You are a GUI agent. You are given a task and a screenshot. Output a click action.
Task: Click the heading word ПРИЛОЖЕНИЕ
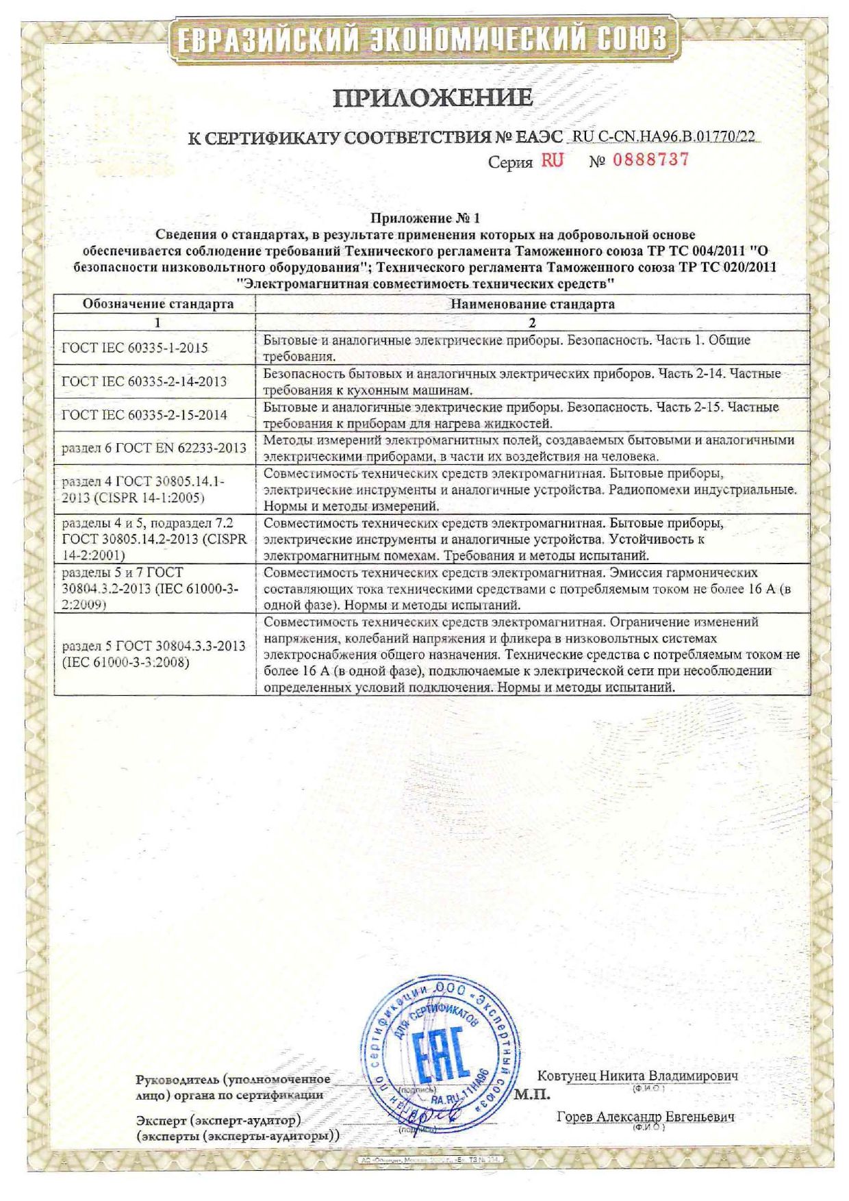click(x=432, y=98)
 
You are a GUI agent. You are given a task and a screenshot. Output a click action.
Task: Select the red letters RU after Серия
click(x=552, y=161)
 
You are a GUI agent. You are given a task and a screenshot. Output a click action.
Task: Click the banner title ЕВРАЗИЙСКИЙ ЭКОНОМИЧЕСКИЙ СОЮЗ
click(x=422, y=39)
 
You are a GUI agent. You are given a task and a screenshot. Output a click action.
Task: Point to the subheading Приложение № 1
click(x=425, y=219)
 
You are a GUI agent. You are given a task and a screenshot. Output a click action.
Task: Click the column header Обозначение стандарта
click(x=158, y=304)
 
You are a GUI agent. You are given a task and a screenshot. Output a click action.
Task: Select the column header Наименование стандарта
click(x=532, y=304)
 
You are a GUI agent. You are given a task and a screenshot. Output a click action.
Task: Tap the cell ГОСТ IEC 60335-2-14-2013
click(x=144, y=381)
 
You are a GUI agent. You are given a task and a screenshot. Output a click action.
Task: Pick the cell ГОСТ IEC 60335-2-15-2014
click(x=144, y=415)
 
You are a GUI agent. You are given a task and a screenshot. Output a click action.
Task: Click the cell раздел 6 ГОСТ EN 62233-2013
click(x=153, y=448)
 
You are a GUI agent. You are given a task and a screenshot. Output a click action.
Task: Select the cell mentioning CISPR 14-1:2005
click(x=142, y=490)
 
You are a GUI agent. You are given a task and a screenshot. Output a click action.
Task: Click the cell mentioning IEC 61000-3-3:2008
click(x=153, y=654)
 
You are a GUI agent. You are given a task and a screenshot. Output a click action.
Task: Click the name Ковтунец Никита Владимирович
click(x=637, y=1075)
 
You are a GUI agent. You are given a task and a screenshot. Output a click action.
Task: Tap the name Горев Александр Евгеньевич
click(x=645, y=1117)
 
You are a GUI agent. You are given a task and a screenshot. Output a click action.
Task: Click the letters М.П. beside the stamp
click(x=532, y=1094)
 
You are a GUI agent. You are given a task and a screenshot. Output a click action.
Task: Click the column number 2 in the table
click(x=532, y=323)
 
